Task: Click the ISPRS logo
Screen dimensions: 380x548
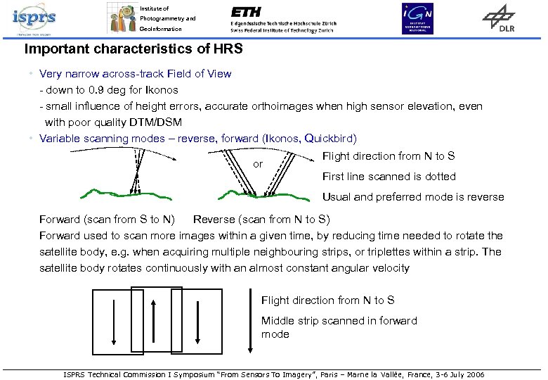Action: tap(34, 19)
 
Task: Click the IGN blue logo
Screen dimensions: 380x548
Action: tap(417, 18)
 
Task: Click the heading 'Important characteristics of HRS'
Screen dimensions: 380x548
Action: tap(133, 50)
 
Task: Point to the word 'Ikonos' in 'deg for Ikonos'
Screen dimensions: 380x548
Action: tap(162, 90)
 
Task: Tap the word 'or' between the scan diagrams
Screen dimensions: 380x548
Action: tap(258, 164)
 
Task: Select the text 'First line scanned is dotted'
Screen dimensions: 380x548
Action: tap(389, 177)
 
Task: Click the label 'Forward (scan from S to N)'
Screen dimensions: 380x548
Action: tap(107, 220)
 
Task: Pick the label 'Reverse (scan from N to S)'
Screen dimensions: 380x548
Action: tap(261, 220)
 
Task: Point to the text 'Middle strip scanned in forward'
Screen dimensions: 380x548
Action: tap(339, 321)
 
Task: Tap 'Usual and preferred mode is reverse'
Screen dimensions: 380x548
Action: tap(412, 197)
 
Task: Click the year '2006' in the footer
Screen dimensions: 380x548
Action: tap(474, 374)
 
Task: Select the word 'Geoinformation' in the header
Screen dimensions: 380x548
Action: tap(160, 29)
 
